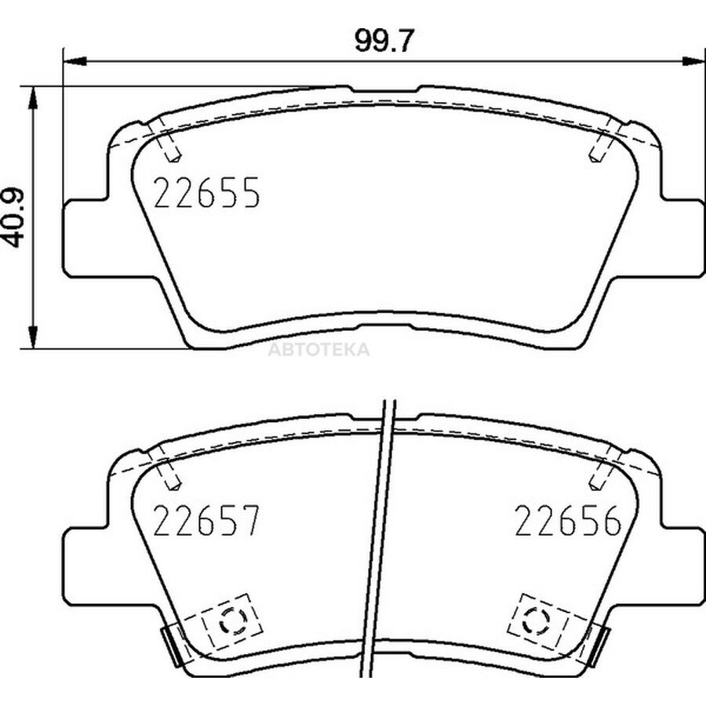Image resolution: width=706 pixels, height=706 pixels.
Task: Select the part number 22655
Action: [x=206, y=192]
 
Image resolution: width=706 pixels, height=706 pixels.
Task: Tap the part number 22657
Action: [x=206, y=521]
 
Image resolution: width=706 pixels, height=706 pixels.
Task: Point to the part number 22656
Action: [x=568, y=521]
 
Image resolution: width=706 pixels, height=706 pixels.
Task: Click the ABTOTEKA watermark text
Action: [x=318, y=349]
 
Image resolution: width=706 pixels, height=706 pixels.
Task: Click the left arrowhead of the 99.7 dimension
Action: [x=75, y=61]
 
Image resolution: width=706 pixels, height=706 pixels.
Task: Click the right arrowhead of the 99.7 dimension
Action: [x=693, y=61]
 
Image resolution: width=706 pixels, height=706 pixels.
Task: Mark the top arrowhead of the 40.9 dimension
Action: [x=32, y=97]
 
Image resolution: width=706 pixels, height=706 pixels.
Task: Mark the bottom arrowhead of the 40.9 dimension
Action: [x=32, y=337]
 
